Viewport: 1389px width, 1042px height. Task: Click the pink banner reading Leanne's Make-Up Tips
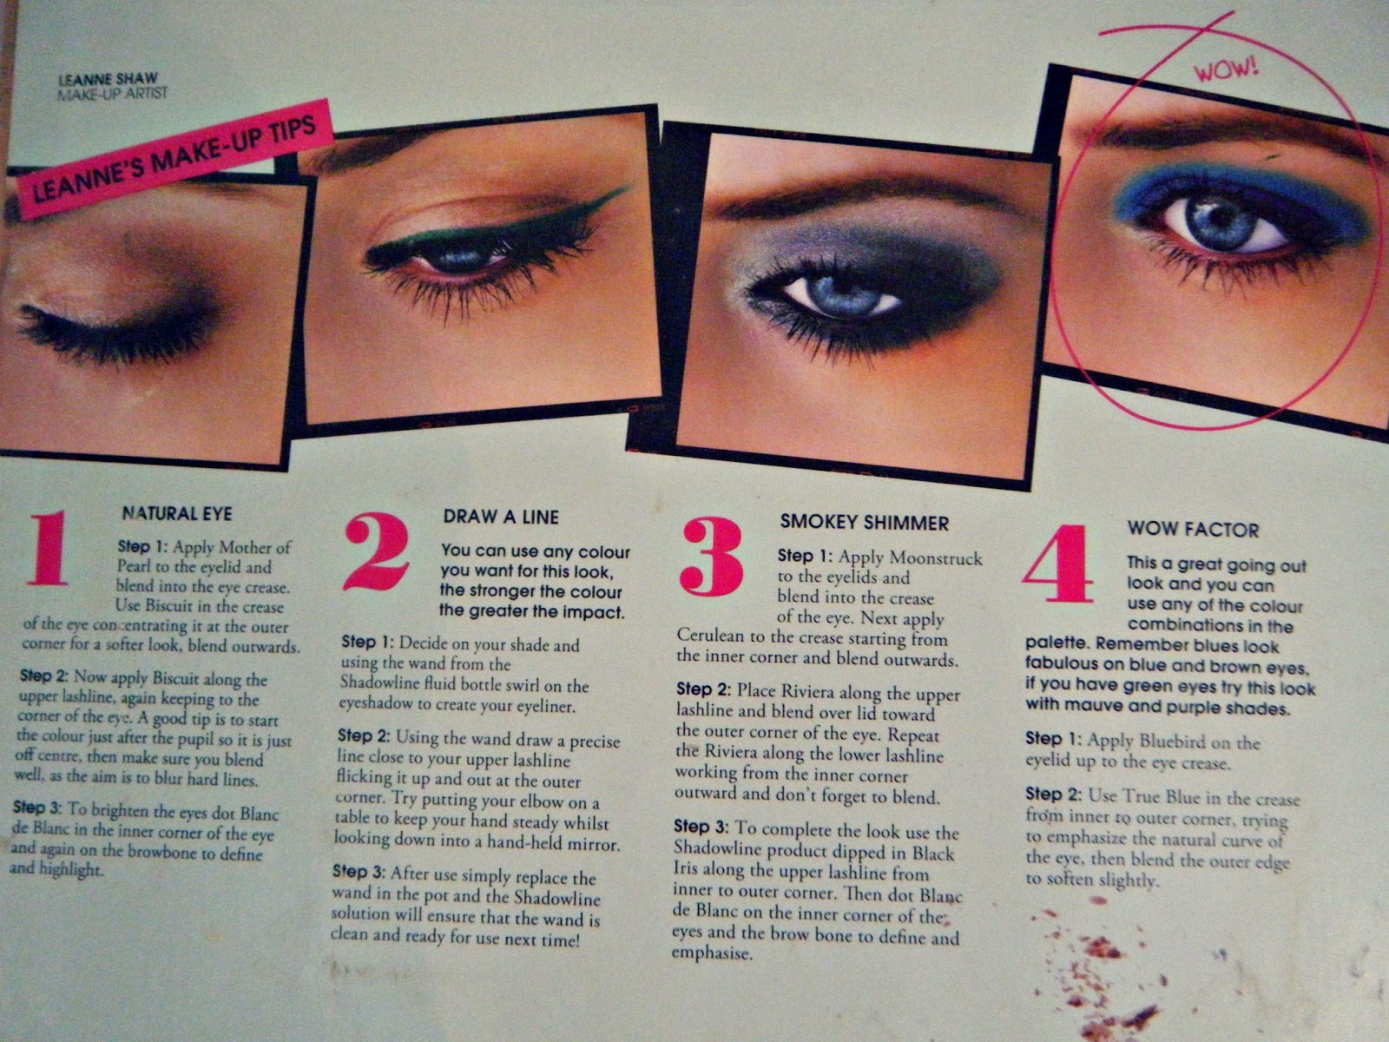tap(174, 160)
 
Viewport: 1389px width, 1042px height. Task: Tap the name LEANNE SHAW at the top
tap(109, 80)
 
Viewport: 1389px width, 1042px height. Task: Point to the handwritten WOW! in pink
tap(1226, 69)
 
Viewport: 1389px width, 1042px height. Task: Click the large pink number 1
tap(49, 548)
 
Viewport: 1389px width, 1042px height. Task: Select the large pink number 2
tap(376, 551)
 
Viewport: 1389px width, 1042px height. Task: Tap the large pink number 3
tap(711, 557)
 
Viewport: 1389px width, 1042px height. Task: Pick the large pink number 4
tap(1057, 564)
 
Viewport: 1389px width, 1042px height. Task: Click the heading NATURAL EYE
tap(177, 513)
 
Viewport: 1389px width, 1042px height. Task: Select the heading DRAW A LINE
tap(501, 517)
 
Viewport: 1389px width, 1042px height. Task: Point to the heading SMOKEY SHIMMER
tap(865, 523)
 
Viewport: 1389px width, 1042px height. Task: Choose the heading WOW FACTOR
tap(1193, 530)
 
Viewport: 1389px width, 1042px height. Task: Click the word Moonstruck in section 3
tap(937, 558)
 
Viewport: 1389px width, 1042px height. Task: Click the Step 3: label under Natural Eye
tap(38, 808)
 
